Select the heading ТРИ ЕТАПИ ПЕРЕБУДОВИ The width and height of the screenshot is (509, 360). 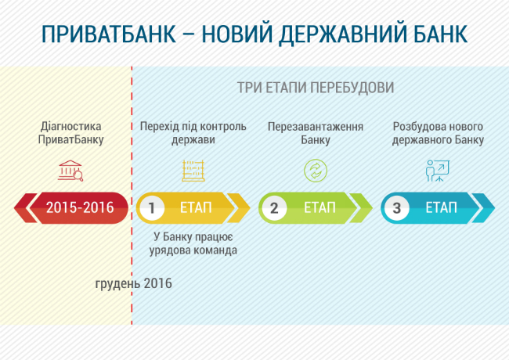(316, 87)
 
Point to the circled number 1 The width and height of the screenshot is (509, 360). (153, 208)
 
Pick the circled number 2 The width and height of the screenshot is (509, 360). (274, 208)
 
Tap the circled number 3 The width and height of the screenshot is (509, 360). (397, 208)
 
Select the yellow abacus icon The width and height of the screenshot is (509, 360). (193, 171)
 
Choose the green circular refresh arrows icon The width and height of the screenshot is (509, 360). (315, 171)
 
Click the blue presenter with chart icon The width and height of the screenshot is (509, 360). (437, 171)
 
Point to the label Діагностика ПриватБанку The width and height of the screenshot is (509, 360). (70, 133)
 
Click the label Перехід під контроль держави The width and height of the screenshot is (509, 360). (193, 133)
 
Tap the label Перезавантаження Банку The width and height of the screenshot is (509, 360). (315, 133)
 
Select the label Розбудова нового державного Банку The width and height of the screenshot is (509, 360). (438, 133)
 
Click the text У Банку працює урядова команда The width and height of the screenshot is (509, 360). (193, 243)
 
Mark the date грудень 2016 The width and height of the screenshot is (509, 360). (133, 283)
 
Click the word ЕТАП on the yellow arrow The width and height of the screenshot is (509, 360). (196, 208)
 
